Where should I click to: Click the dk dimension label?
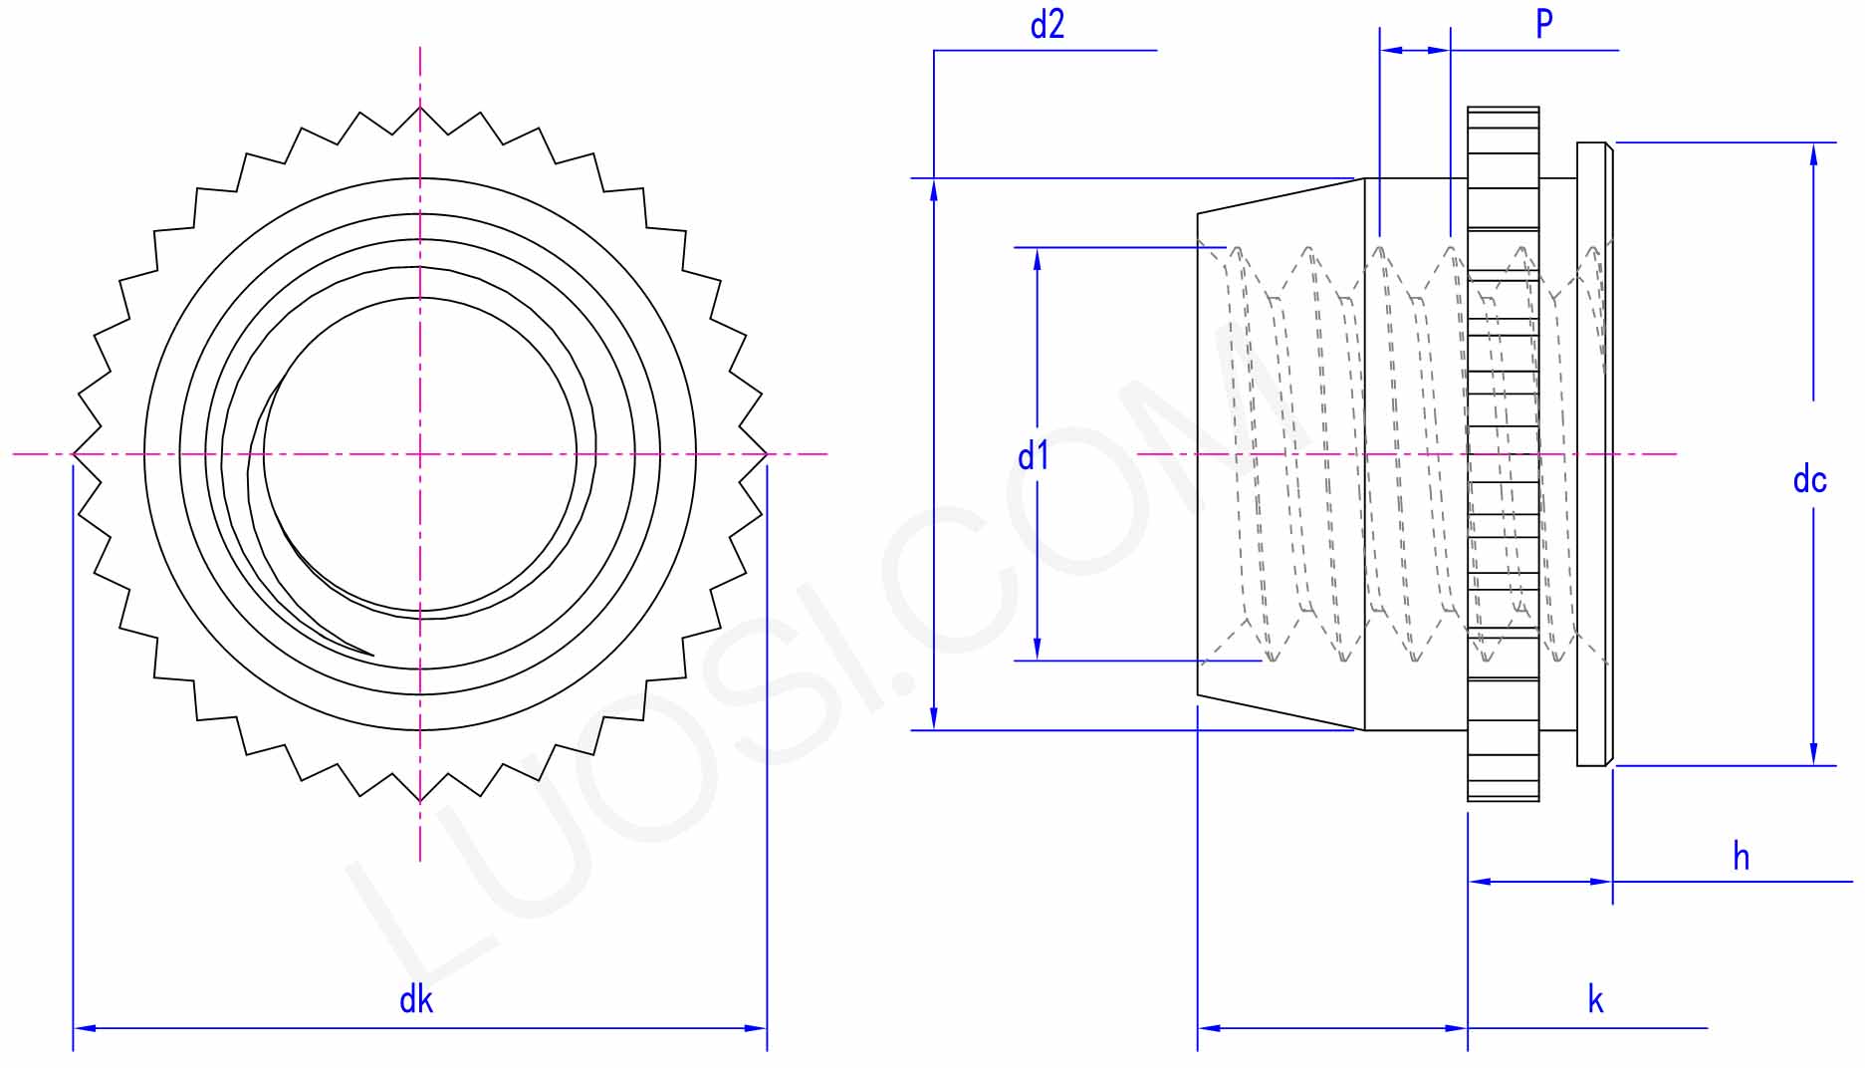click(416, 999)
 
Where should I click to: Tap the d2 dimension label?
click(1047, 24)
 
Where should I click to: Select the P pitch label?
click(1544, 23)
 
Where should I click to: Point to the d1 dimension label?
click(1034, 455)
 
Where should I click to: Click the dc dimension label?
click(1809, 479)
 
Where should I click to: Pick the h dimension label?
click(1741, 856)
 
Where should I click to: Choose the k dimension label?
click(1595, 999)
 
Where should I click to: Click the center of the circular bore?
click(420, 454)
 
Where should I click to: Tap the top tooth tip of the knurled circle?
click(420, 107)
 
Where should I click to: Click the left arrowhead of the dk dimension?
click(84, 1027)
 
